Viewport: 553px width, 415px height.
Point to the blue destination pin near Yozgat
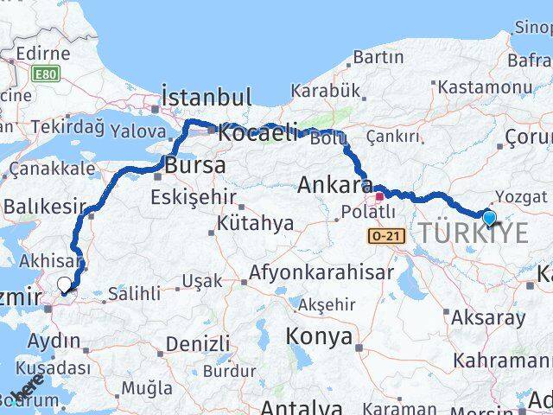point(490,220)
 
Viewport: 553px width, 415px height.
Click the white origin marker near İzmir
point(65,284)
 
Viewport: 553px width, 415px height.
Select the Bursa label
point(196,164)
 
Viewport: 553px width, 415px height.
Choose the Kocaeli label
point(257,134)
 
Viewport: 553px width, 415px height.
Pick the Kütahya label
point(255,224)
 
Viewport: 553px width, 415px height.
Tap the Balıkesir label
point(45,207)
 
